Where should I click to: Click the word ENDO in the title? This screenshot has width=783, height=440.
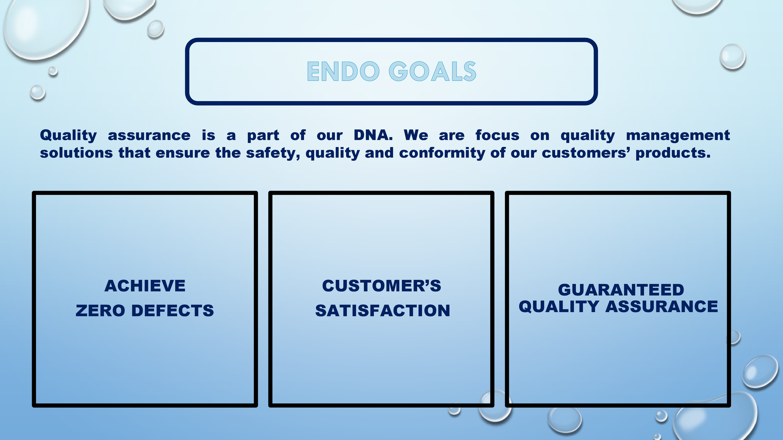[x=343, y=71]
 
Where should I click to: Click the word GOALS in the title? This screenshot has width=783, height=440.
[x=432, y=71]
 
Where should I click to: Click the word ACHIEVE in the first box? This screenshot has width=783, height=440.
[x=145, y=286]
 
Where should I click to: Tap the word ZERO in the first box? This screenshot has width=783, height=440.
[x=100, y=311]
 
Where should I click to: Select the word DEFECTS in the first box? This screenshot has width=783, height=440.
[x=172, y=311]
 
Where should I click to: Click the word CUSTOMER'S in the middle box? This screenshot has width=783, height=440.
[x=382, y=286]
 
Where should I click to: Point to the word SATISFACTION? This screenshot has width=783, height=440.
[x=383, y=311]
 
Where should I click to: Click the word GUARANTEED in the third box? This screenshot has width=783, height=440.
[x=621, y=290]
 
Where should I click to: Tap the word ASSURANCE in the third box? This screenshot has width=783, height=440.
[x=661, y=307]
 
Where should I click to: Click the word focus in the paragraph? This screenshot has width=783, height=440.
[x=497, y=135]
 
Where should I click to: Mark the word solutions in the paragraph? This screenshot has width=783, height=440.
[x=76, y=153]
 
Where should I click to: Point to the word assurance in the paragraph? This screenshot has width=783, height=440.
[x=149, y=136]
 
